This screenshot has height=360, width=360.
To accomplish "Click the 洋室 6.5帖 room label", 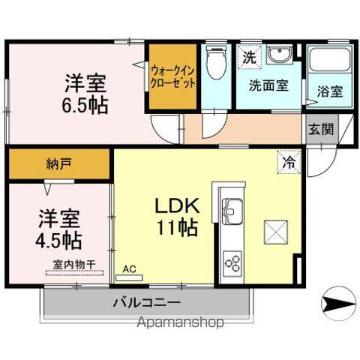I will [x=83, y=92].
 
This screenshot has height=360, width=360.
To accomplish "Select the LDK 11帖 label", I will [x=176, y=216].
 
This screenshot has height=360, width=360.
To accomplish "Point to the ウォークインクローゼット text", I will [x=173, y=78].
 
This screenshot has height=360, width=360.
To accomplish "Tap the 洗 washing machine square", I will [x=247, y=55].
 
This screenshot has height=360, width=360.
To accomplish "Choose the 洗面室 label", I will [x=268, y=85].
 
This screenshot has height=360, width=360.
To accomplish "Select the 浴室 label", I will [x=330, y=92].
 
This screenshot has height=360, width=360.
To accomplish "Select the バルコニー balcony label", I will [x=147, y=303].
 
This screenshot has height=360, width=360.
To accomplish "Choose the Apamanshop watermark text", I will [x=180, y=324].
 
